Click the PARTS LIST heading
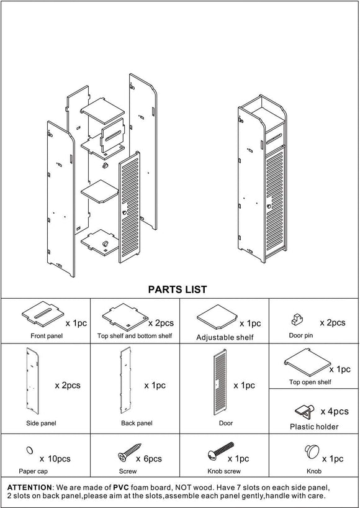point(178,289)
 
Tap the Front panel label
point(47,336)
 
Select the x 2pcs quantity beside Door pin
point(332,323)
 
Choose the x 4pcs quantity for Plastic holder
point(335,411)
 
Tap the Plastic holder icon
point(302,410)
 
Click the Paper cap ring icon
point(28,449)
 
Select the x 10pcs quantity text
point(55,459)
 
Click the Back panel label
point(137,423)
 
